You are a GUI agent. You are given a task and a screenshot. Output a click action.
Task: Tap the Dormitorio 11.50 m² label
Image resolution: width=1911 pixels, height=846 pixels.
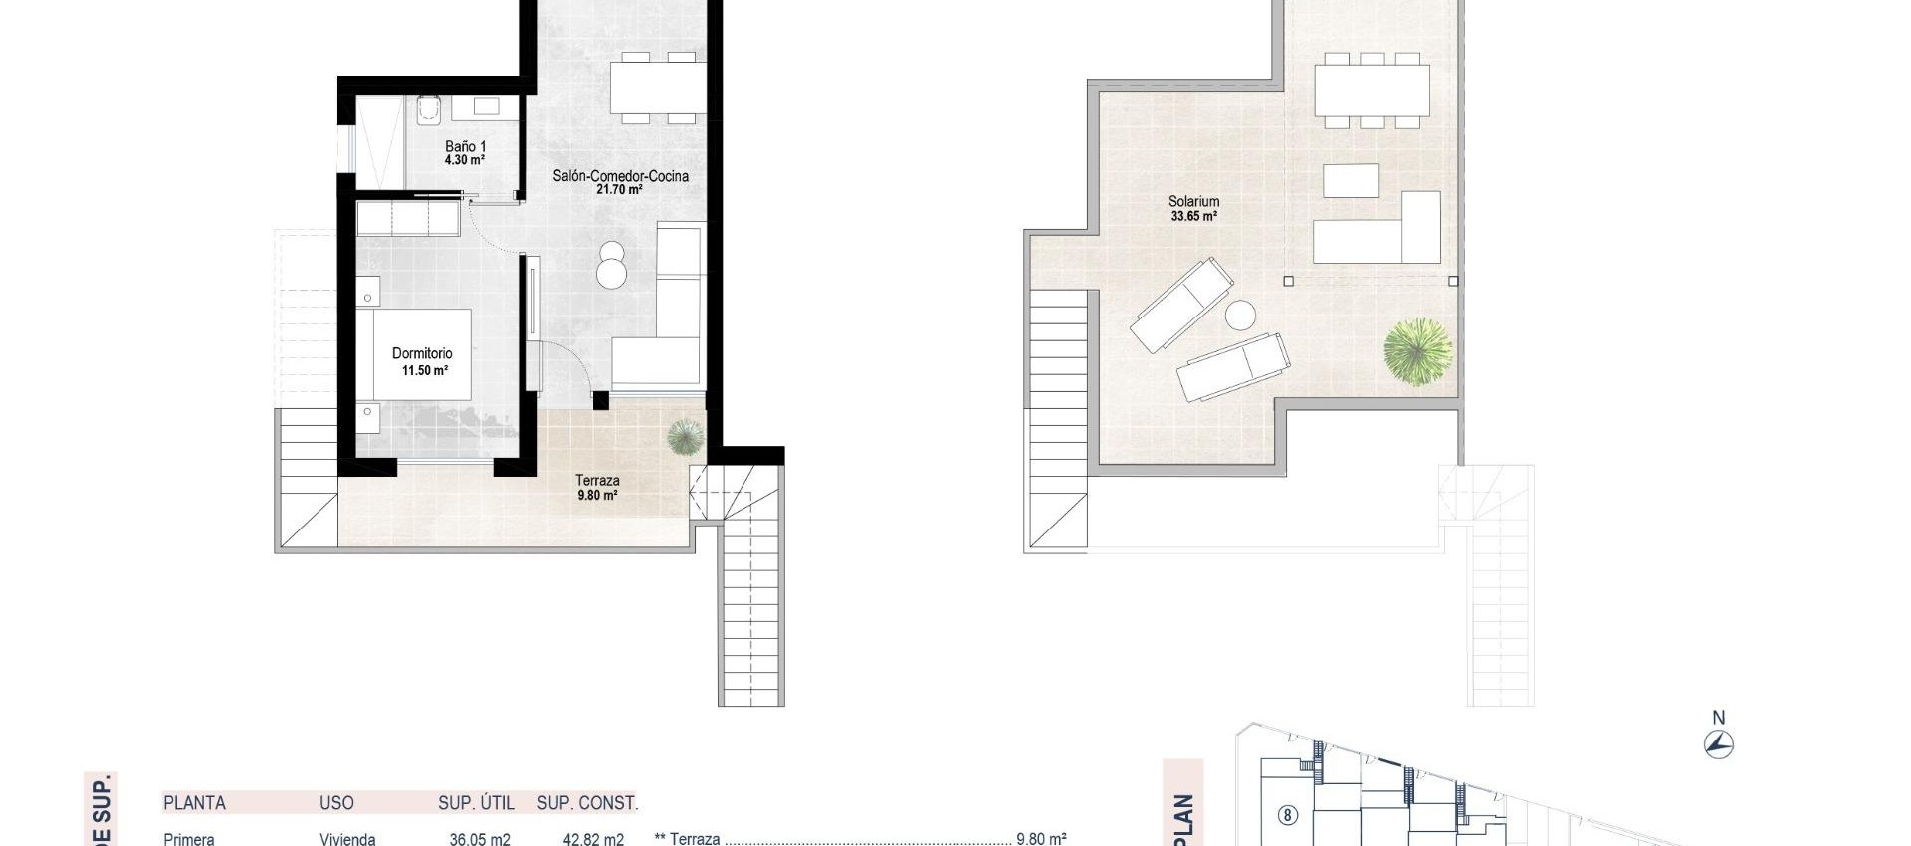click(x=423, y=360)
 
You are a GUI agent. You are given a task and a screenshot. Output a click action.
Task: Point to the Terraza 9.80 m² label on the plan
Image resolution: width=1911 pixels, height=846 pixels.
click(x=597, y=487)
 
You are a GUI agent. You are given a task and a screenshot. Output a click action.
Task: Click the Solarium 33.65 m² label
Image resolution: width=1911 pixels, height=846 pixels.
click(x=1193, y=208)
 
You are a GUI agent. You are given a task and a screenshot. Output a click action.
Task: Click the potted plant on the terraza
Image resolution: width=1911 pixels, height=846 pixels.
click(x=685, y=436)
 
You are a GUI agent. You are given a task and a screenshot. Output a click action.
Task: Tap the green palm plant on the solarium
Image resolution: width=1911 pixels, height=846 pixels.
click(x=1417, y=350)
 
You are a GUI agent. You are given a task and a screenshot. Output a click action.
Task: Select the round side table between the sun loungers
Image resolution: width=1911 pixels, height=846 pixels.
click(x=1240, y=316)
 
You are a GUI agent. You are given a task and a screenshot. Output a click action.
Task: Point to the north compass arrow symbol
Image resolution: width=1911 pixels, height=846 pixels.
click(x=1719, y=744)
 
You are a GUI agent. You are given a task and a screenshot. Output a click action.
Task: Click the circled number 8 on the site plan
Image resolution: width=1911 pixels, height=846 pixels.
click(x=1287, y=816)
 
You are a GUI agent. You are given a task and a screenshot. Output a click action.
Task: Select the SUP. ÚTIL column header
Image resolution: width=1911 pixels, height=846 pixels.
click(x=476, y=803)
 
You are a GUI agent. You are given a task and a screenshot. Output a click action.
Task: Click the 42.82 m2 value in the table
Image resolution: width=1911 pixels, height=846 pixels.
click(x=593, y=839)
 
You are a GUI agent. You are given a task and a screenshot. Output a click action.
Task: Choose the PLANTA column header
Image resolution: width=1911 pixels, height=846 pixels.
click(x=194, y=803)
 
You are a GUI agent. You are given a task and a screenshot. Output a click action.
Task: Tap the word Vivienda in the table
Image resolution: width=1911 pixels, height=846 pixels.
click(x=347, y=839)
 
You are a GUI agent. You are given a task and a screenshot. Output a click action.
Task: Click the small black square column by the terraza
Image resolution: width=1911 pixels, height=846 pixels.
click(x=600, y=401)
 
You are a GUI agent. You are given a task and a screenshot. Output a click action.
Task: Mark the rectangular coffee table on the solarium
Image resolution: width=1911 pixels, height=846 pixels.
click(x=1351, y=181)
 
